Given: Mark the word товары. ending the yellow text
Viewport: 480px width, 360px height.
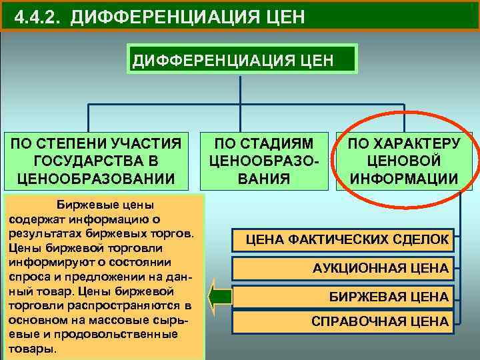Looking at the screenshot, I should coord(29,349).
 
